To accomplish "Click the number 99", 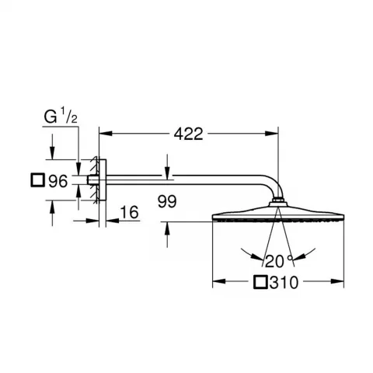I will [166, 202].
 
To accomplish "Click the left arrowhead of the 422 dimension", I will [110, 134].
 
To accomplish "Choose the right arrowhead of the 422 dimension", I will [274, 134].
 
